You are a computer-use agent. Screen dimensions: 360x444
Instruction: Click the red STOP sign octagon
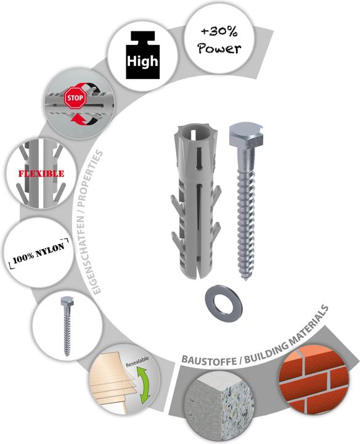tap(75, 97)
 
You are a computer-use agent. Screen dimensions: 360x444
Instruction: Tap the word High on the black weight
tap(142, 61)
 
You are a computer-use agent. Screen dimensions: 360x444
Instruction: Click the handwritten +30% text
tap(219, 31)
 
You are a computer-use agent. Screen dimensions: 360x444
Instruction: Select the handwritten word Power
tap(219, 48)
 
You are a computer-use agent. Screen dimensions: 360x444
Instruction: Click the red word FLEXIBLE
tap(41, 173)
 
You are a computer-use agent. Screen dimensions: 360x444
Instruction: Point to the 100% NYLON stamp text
tap(39, 252)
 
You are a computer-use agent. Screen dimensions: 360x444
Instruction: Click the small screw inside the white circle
tap(66, 326)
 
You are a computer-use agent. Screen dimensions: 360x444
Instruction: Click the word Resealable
tap(137, 362)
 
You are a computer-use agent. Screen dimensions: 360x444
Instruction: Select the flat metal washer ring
tap(224, 304)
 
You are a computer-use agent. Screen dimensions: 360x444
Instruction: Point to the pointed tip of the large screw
tap(245, 280)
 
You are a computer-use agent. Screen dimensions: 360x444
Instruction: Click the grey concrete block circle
tap(219, 406)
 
